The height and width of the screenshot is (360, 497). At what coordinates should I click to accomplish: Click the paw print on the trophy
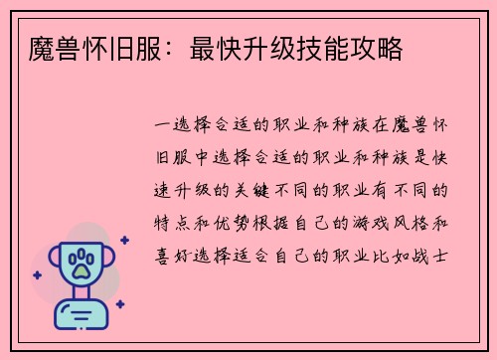tap(81, 263)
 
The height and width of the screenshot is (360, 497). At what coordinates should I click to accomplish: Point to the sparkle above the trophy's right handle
tap(124, 240)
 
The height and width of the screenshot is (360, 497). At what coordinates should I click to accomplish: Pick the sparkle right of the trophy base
tap(120, 304)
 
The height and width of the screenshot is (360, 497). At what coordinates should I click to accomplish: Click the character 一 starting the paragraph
tap(162, 126)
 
